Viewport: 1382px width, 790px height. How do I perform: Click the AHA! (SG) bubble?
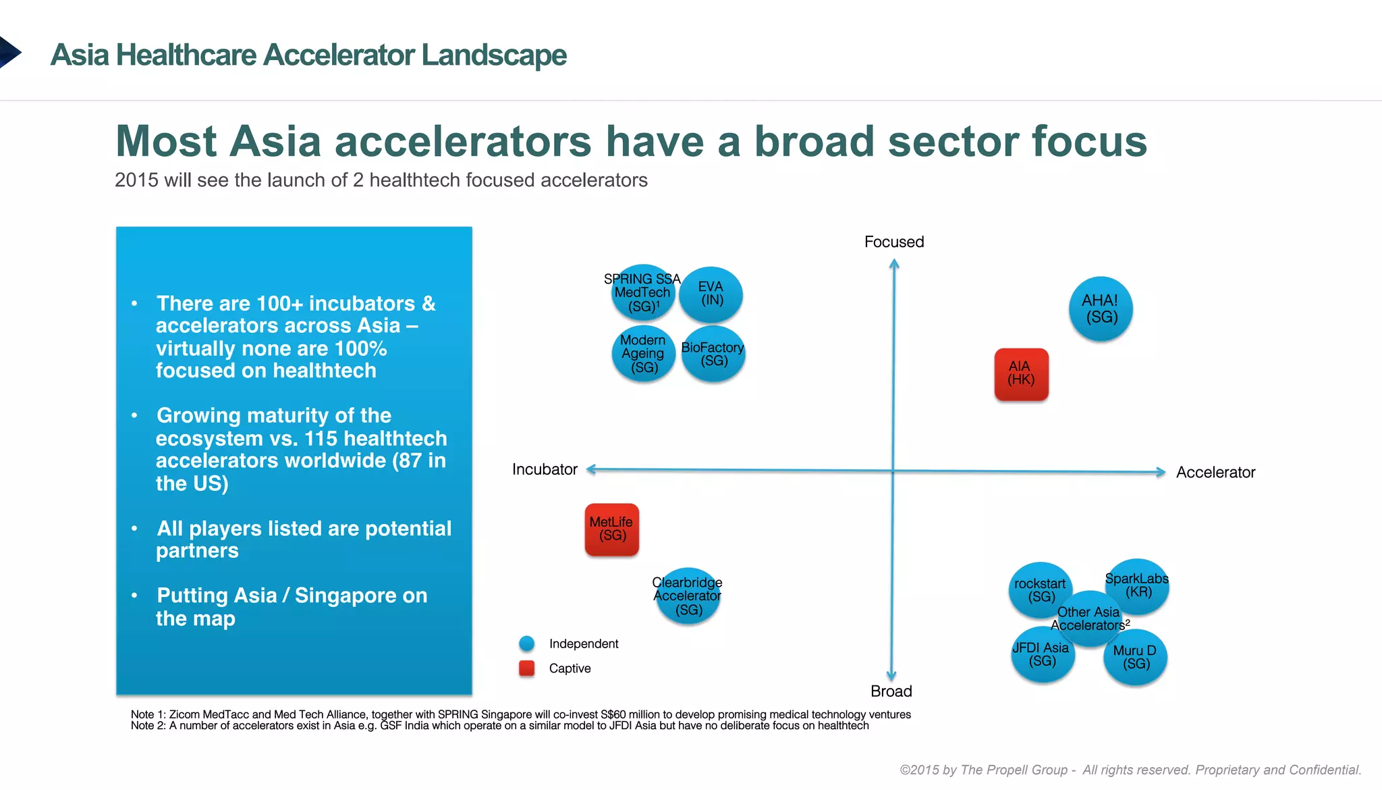click(x=1101, y=309)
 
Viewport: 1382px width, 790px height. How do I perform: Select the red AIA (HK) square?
click(x=1021, y=374)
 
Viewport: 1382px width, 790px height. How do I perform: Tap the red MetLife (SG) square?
click(x=611, y=529)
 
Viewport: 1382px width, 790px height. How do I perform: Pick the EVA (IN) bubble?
click(x=711, y=294)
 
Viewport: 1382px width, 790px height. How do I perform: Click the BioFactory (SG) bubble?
click(x=713, y=354)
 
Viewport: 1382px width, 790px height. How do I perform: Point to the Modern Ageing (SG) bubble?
click(x=643, y=354)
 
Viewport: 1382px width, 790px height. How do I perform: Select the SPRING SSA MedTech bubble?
click(x=642, y=293)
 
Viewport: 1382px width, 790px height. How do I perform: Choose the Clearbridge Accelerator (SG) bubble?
click(x=688, y=596)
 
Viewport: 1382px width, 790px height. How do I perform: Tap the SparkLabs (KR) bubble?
click(x=1138, y=585)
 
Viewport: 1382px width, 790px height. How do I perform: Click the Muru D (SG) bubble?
click(x=1135, y=657)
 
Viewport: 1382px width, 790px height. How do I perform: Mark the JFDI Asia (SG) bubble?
click(x=1042, y=655)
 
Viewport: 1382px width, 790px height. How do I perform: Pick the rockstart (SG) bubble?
click(x=1040, y=589)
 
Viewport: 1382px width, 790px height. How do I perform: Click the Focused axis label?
click(x=893, y=242)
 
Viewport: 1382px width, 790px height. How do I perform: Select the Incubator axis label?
click(x=545, y=469)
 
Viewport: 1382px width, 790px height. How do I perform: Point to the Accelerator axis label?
click(x=1215, y=473)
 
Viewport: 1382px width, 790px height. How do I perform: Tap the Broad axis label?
click(x=891, y=691)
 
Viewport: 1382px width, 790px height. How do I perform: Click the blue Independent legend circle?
click(x=526, y=643)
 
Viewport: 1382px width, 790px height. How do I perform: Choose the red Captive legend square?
click(x=526, y=668)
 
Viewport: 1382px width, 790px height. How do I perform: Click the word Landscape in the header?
click(x=493, y=55)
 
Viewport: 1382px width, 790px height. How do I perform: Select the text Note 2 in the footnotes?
click(x=147, y=726)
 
